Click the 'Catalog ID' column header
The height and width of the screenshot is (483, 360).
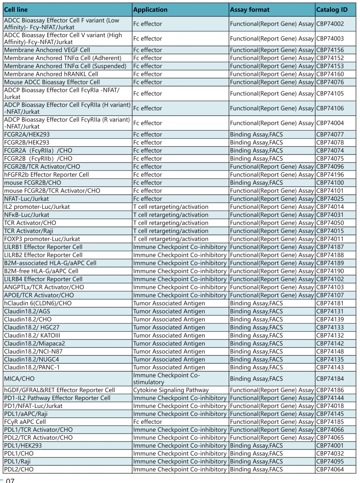(x=332, y=9)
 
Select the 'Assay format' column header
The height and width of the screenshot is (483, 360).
(x=249, y=9)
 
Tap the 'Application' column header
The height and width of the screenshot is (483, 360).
(x=150, y=9)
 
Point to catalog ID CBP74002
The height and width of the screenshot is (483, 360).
(x=330, y=24)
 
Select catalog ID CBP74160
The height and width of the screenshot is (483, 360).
(x=330, y=74)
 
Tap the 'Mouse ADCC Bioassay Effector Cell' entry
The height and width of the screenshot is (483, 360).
(x=52, y=82)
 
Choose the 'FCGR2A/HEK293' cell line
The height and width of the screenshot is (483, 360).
(x=27, y=135)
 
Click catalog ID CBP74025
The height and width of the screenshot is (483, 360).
(x=330, y=199)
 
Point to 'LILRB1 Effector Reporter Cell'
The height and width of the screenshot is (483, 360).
(x=43, y=247)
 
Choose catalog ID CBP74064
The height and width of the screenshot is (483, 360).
(x=330, y=469)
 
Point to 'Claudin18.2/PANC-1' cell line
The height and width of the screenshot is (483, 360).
(x=32, y=367)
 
